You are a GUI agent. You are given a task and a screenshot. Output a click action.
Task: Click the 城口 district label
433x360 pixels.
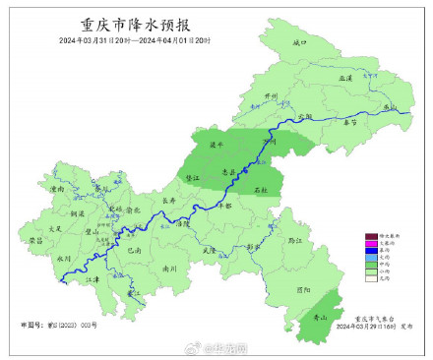(x=300, y=44)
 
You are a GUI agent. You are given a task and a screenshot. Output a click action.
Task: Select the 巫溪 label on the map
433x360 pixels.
(x=344, y=76)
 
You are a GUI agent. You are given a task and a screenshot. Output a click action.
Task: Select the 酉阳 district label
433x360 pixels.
(x=302, y=288)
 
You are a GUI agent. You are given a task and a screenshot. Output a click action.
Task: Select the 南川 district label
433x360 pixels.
(x=169, y=267)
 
